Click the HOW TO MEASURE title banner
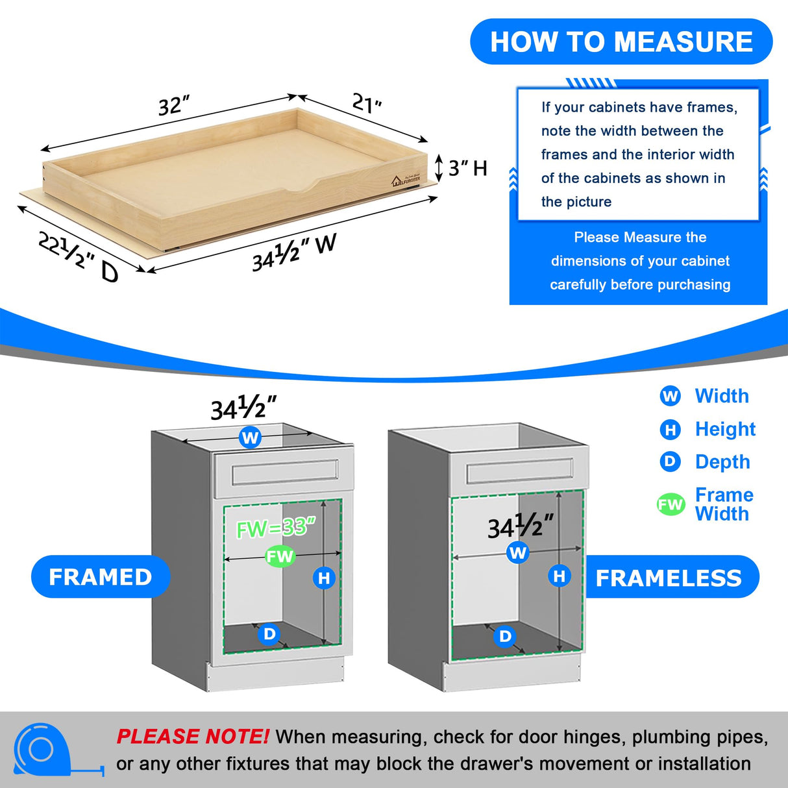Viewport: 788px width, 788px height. [x=621, y=42]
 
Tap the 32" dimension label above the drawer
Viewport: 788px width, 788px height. [x=173, y=105]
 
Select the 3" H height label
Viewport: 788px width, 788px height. [x=467, y=168]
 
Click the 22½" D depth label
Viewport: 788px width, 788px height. [x=79, y=257]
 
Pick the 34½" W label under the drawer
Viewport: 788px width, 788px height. [x=294, y=252]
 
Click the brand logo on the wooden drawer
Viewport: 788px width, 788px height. [x=406, y=180]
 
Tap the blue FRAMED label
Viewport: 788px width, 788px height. [x=101, y=576]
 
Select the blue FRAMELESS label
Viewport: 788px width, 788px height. [x=669, y=578]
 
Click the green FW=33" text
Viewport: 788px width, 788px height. [x=275, y=528]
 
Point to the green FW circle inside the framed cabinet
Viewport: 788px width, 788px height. [x=280, y=556]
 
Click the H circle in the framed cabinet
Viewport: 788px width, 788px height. [x=324, y=578]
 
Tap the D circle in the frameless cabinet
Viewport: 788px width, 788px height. [x=505, y=636]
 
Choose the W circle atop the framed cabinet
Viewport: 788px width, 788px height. [x=250, y=437]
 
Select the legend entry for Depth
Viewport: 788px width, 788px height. [x=705, y=462]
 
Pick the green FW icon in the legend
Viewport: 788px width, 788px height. [x=671, y=504]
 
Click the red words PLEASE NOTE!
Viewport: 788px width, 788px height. [x=192, y=737]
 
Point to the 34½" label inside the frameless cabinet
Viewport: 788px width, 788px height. [x=521, y=526]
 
